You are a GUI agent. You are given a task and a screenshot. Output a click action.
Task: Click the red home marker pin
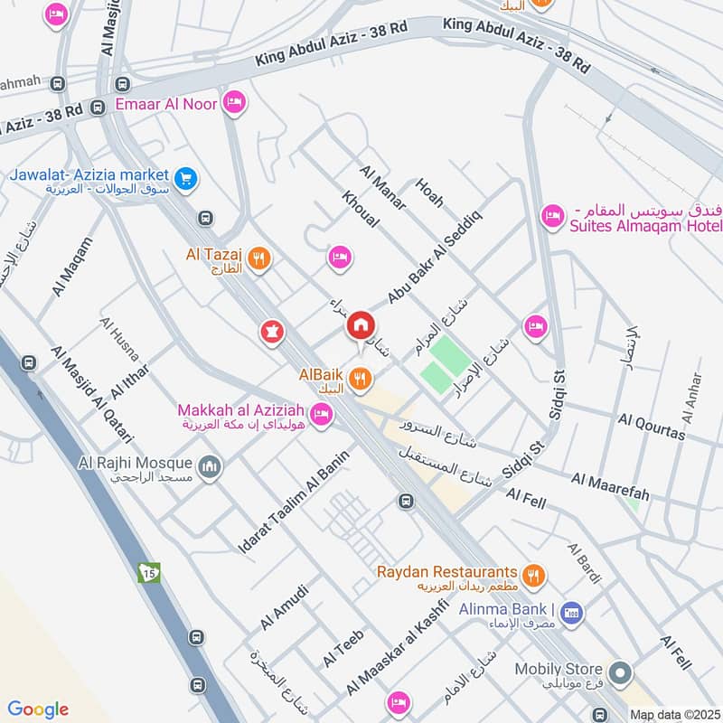point(361,325)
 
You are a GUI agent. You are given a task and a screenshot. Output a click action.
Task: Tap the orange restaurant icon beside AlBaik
point(361,380)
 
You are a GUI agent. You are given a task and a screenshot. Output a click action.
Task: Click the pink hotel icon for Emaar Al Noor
point(234,104)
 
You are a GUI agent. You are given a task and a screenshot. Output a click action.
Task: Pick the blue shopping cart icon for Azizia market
point(186,178)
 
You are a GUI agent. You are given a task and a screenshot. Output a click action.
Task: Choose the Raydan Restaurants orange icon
point(534,573)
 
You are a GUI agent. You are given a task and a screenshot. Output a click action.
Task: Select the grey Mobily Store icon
point(620,672)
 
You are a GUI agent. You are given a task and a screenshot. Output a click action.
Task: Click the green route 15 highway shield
point(146,572)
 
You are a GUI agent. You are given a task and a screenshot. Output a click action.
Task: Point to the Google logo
point(38,709)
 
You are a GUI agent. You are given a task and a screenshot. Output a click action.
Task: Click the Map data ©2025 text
point(673,715)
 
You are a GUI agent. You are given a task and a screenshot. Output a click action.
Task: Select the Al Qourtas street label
point(652,426)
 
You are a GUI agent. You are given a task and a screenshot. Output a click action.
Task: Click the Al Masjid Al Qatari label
point(91,394)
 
